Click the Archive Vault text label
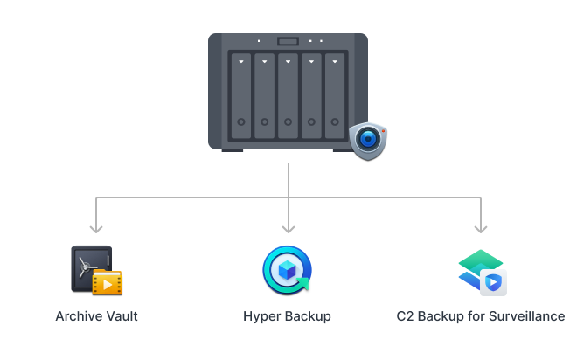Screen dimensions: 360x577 [96, 316]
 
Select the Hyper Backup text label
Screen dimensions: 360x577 [287, 316]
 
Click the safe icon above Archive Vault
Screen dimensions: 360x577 [92, 268]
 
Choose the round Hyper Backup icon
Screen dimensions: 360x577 [287, 269]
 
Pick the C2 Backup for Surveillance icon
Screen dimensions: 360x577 [481, 272]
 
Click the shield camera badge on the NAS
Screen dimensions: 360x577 [367, 140]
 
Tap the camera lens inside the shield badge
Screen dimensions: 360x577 [367, 138]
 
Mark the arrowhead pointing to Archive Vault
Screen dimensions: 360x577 [96, 228]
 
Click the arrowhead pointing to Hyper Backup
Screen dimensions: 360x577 [288, 228]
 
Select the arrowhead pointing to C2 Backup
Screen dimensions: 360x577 [480, 228]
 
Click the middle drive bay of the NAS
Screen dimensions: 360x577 [288, 96]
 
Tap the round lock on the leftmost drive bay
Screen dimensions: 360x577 [240, 122]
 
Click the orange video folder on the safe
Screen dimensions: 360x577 [108, 282]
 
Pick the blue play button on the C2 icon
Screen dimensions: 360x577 [493, 282]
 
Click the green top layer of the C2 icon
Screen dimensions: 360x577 [480, 259]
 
